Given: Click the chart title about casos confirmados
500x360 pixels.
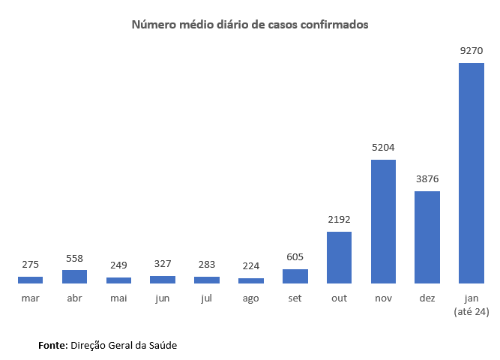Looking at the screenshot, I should (x=250, y=25).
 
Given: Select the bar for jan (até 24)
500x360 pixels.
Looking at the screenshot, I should (x=472, y=173).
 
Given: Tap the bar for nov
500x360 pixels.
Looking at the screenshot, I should (x=383, y=222).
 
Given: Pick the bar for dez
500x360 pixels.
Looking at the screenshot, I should (x=427, y=238).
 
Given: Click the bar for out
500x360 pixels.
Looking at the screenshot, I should (x=339, y=258).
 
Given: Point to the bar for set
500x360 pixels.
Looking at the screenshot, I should (x=295, y=277).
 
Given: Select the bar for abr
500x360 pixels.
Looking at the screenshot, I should (x=74, y=277).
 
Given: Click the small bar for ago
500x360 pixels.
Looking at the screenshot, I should (x=251, y=280).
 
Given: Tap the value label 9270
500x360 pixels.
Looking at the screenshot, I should (x=472, y=51).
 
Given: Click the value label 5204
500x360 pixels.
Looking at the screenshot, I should (x=383, y=148).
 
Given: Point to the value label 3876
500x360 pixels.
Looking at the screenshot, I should (x=427, y=179).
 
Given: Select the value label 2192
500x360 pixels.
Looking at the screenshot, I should (x=339, y=220).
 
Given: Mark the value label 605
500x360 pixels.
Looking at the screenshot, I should (x=295, y=257).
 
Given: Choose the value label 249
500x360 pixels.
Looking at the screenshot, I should (x=118, y=265).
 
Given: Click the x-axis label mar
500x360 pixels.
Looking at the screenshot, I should (x=30, y=298).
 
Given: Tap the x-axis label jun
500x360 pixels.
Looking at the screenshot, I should (x=163, y=298).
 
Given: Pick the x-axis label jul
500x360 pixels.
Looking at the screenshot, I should (x=207, y=298).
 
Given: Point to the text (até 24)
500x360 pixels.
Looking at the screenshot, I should (x=472, y=311).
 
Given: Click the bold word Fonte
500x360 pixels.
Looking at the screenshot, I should (x=52, y=345).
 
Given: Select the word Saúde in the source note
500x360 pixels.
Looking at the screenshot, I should (x=163, y=345).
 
